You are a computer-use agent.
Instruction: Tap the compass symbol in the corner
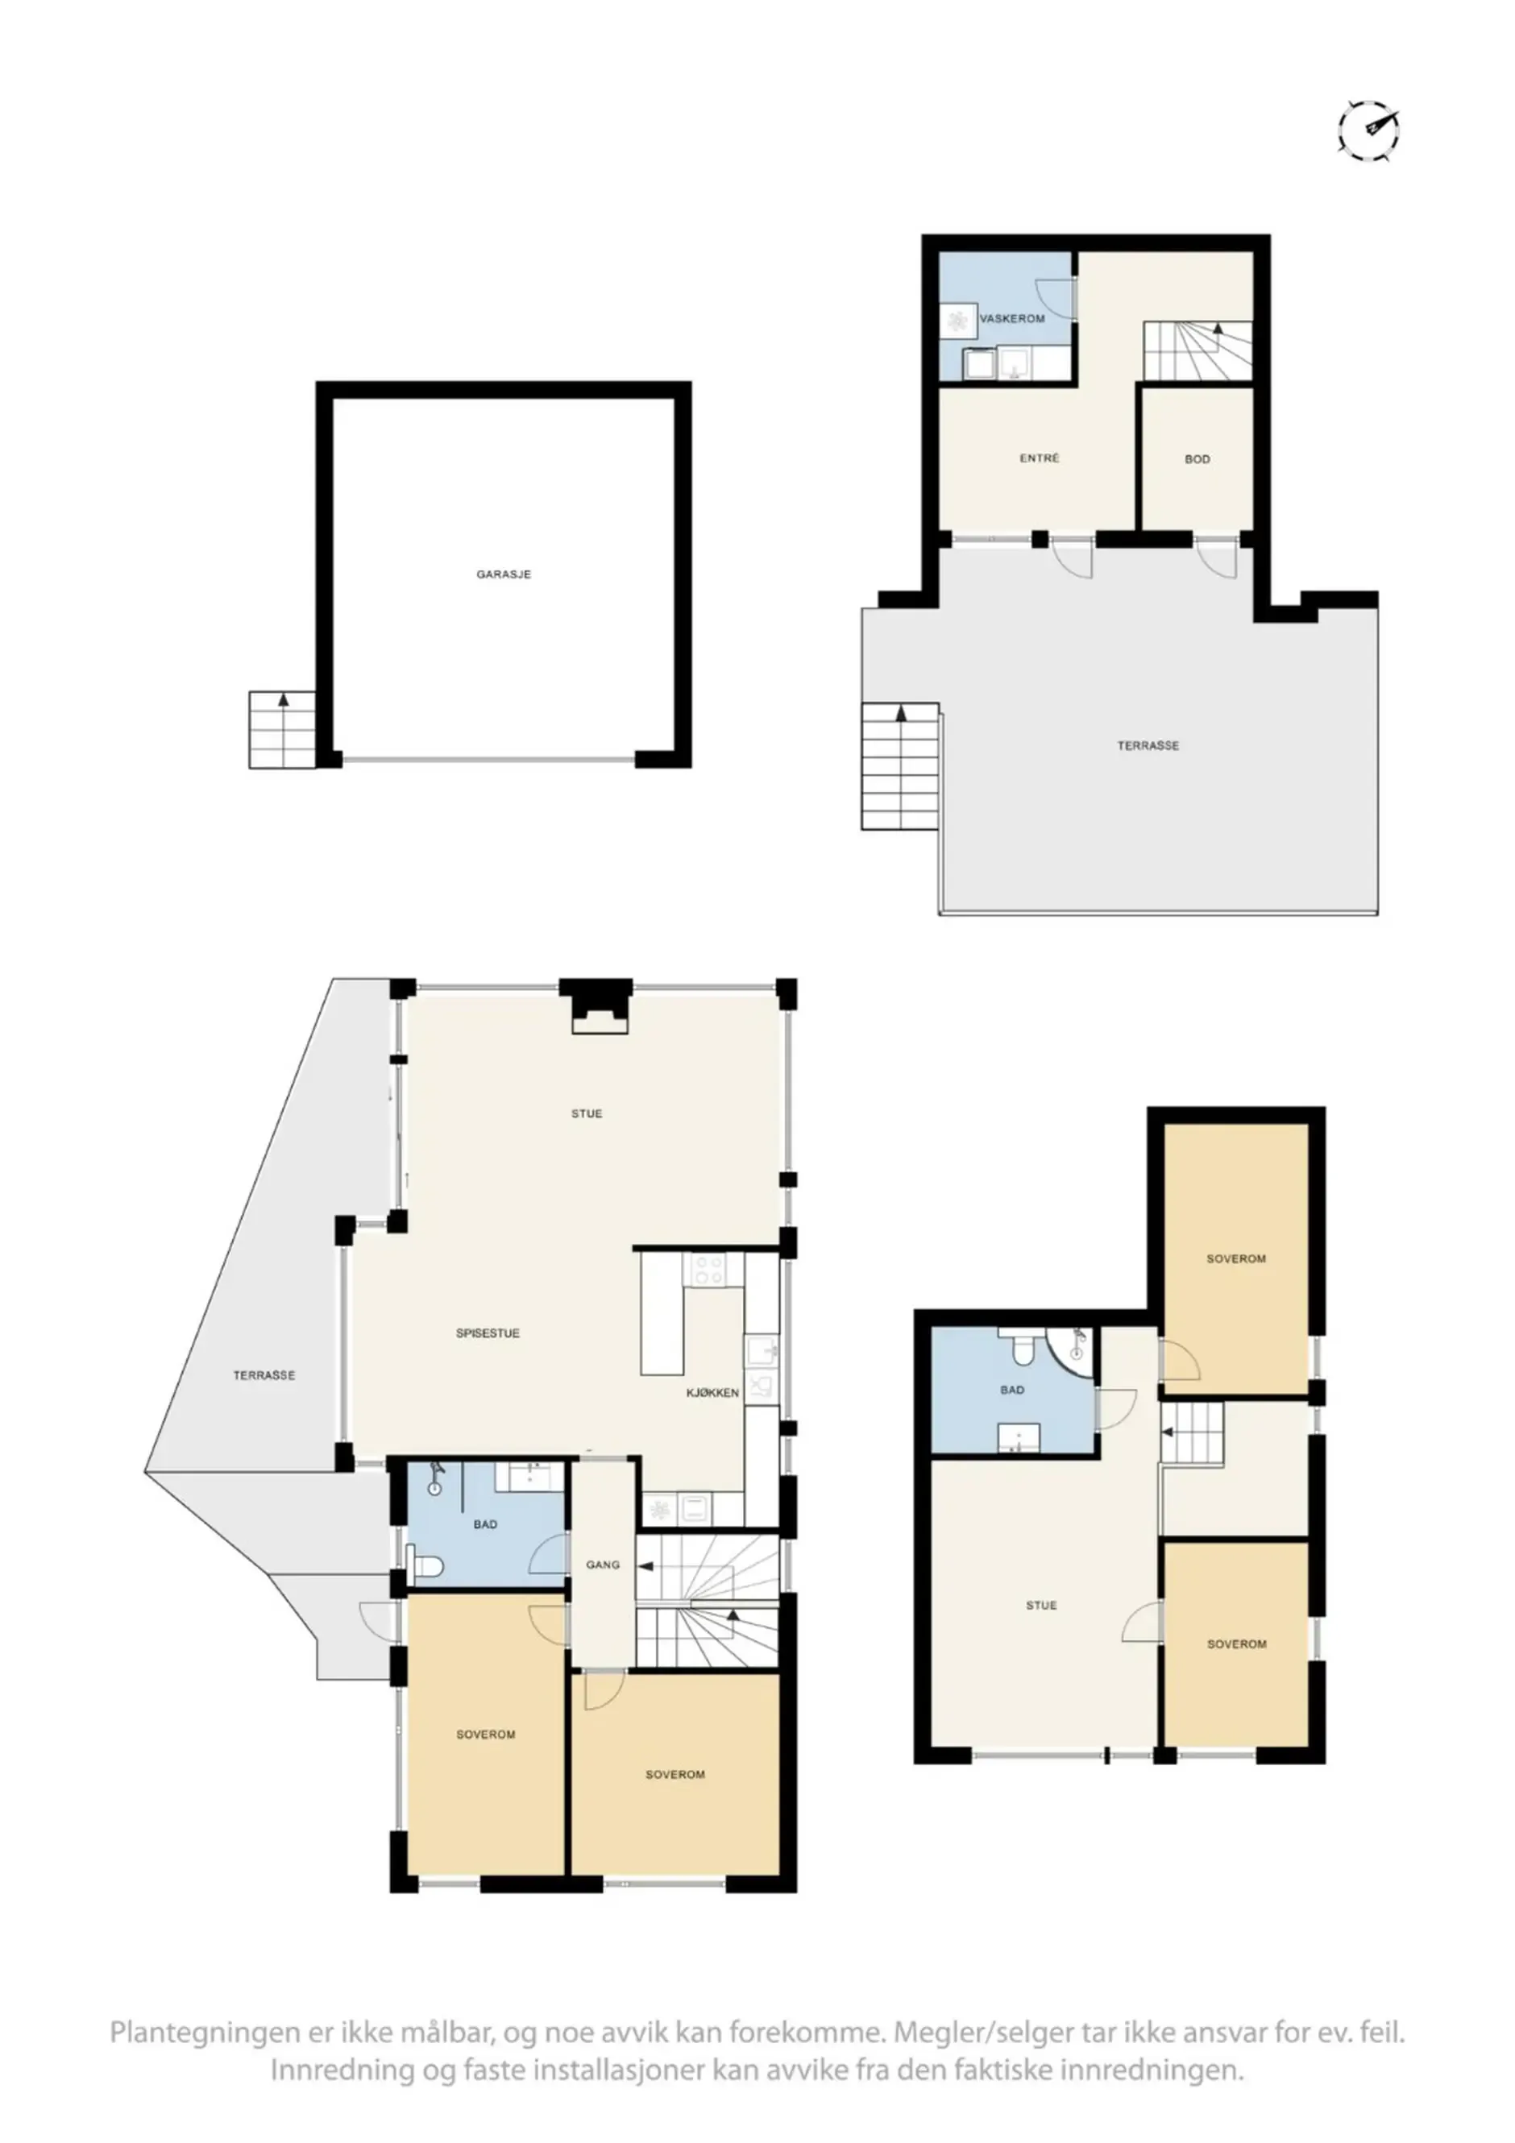(x=1368, y=131)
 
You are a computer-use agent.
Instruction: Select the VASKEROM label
(x=1012, y=318)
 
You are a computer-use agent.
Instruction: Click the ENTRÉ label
(x=1039, y=458)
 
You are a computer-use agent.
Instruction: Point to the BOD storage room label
(x=1197, y=459)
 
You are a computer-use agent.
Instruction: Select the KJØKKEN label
(x=712, y=1393)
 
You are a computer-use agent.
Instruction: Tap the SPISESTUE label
(x=488, y=1333)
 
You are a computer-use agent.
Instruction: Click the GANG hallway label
(x=603, y=1565)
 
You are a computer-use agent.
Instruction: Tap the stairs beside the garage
(x=282, y=729)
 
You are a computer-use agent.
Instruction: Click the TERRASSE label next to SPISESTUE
(x=264, y=1375)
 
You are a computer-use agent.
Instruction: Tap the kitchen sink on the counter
(x=761, y=1349)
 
